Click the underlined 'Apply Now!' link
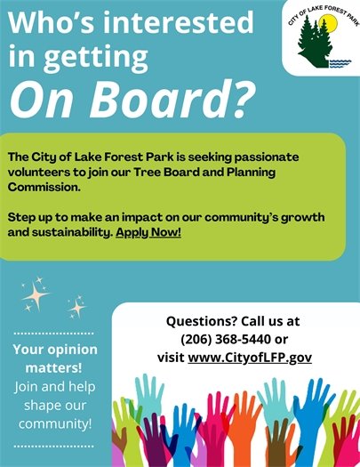coord(148,232)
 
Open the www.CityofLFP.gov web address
coord(250,358)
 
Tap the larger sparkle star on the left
coord(36,293)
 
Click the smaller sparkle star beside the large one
coord(76,308)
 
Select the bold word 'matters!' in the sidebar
coord(54,367)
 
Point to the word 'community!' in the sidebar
coord(54,424)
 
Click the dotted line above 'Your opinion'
coord(54,333)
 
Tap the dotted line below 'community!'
coord(54,445)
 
